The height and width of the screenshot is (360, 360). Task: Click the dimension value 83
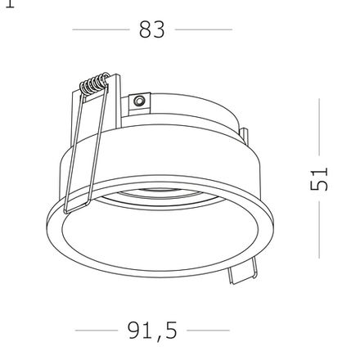click(x=152, y=29)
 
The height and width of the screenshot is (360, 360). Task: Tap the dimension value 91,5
click(x=152, y=331)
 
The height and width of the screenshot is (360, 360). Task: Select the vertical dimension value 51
click(x=319, y=179)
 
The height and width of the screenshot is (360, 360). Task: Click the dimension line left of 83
click(x=101, y=29)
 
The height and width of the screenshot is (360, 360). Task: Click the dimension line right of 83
click(x=204, y=29)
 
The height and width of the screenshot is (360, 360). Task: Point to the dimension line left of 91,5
click(x=97, y=331)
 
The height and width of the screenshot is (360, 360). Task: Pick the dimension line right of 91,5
click(x=208, y=331)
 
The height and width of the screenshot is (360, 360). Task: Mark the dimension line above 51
click(x=319, y=127)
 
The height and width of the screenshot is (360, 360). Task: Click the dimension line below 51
click(x=319, y=230)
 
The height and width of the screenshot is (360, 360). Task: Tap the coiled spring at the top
click(x=94, y=83)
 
